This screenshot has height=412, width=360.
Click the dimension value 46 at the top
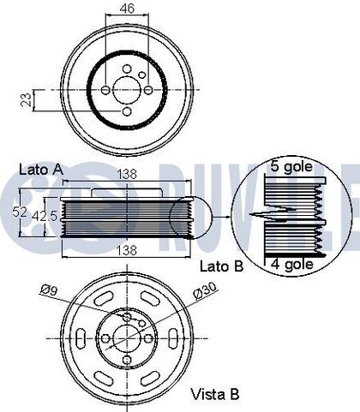127,9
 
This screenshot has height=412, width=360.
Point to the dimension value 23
27,100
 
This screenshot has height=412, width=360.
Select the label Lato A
41,170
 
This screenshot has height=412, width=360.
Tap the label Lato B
222,266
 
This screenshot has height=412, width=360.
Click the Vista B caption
214,394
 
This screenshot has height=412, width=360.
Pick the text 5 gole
291,166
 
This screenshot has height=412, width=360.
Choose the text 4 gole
292,264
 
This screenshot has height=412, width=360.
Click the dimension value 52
20,212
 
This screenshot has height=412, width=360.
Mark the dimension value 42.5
45,216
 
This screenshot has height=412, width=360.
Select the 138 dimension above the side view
127,174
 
